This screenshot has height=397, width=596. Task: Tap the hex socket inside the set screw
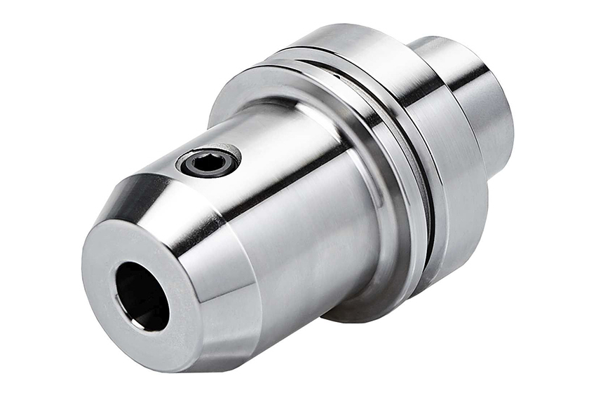209,164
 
